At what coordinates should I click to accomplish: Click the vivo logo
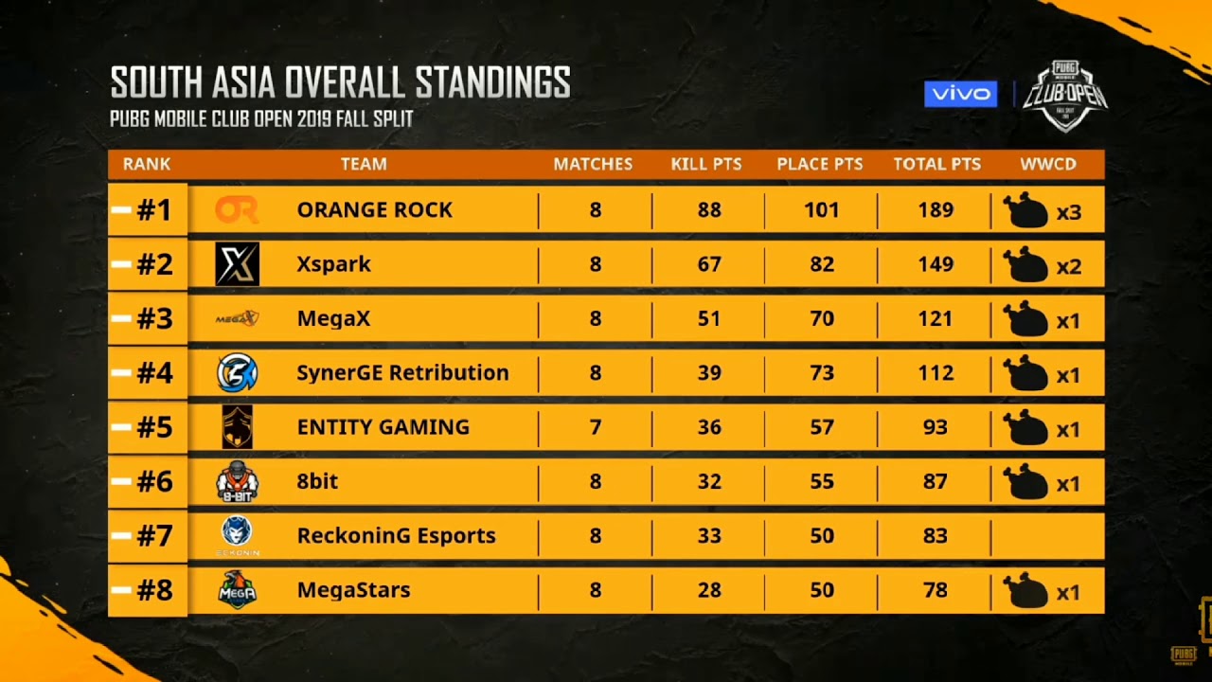click(960, 94)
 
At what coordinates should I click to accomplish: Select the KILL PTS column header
click(705, 164)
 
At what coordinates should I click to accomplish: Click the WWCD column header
click(1048, 164)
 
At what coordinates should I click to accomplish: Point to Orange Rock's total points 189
click(936, 210)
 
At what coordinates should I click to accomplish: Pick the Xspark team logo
click(237, 264)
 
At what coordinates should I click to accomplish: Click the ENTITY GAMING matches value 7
click(595, 427)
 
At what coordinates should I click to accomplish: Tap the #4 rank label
click(154, 373)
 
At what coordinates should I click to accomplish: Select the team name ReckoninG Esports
click(396, 536)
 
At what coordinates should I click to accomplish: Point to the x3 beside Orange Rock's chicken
click(1068, 212)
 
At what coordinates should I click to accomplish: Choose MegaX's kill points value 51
click(708, 319)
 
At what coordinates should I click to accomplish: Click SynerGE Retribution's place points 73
click(821, 373)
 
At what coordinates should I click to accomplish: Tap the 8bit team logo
click(237, 482)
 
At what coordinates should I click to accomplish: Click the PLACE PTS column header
click(819, 164)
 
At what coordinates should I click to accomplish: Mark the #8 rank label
click(154, 590)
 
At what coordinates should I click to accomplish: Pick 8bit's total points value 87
click(936, 482)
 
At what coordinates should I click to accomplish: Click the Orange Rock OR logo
click(236, 210)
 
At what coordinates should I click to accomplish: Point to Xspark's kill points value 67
click(708, 264)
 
